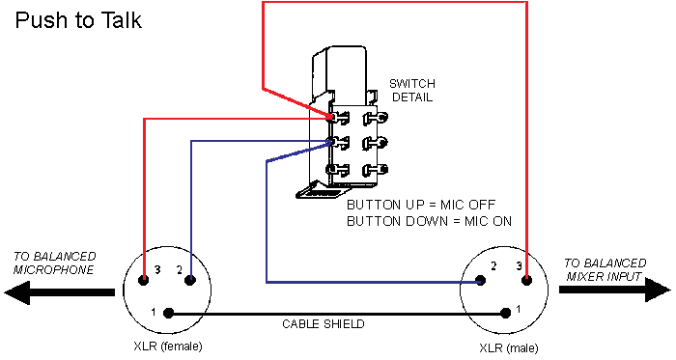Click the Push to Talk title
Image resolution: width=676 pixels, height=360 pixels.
[78, 20]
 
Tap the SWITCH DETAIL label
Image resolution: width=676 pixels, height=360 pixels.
[410, 91]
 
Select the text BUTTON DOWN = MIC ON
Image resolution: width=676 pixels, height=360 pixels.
[429, 221]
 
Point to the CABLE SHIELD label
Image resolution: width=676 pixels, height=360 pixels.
[323, 325]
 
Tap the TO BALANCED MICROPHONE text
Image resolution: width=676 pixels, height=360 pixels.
[54, 263]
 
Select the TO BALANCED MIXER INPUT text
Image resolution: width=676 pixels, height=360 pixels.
[606, 269]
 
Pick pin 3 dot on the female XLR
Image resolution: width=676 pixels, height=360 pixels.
[144, 281]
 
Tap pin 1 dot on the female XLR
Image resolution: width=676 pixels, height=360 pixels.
[168, 313]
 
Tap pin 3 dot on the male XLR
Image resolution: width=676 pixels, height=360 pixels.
[527, 281]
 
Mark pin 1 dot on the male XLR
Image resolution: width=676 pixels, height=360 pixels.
[505, 313]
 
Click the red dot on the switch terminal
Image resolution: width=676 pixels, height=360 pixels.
[331, 118]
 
